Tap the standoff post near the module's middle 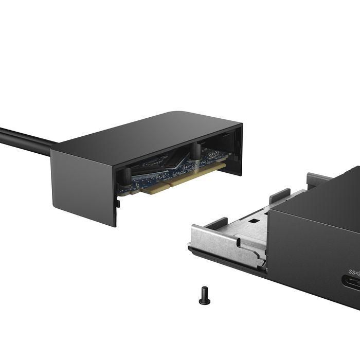pos(196,151)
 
